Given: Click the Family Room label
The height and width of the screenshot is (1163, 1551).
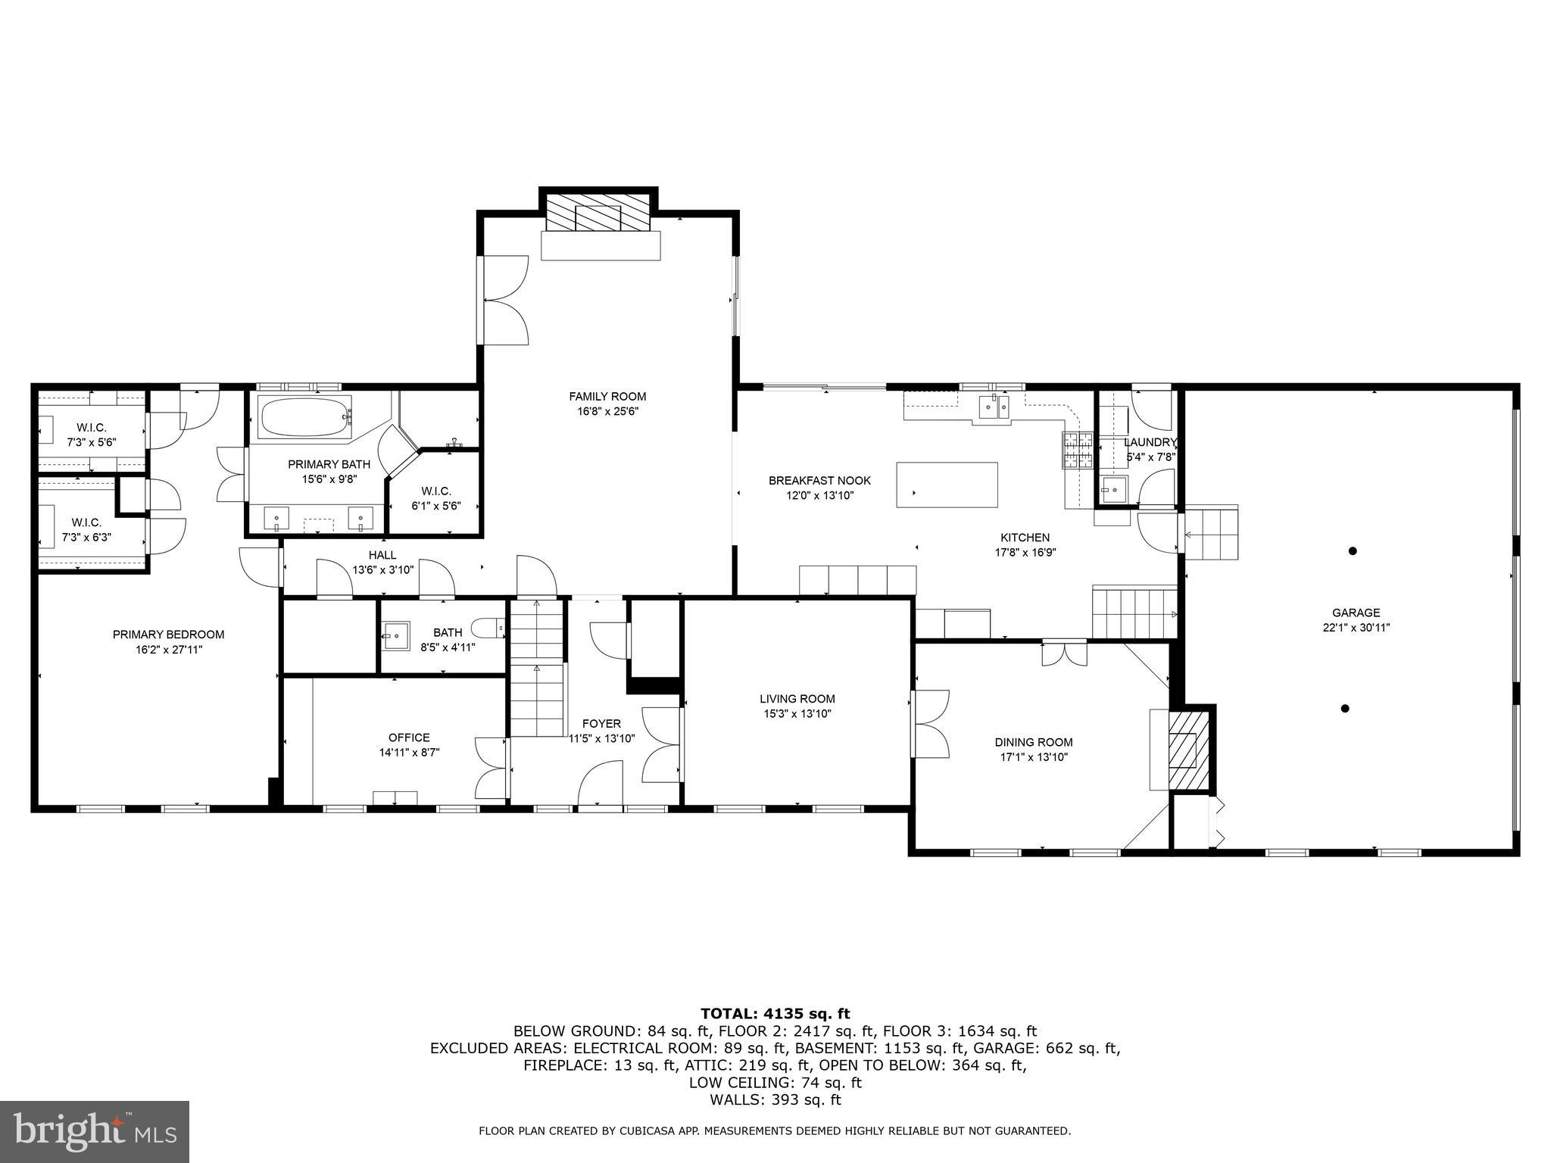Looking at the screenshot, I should pyautogui.click(x=607, y=396).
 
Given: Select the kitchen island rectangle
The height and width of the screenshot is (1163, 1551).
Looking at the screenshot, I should pyautogui.click(x=947, y=485).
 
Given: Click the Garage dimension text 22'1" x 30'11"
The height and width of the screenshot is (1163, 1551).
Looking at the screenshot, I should pyautogui.click(x=1356, y=628).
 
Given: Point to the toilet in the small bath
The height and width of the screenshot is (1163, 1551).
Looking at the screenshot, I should pyautogui.click(x=488, y=628).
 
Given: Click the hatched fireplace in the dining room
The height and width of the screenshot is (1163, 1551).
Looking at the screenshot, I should pyautogui.click(x=1186, y=750).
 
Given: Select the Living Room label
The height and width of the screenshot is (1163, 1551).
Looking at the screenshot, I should pyautogui.click(x=797, y=699).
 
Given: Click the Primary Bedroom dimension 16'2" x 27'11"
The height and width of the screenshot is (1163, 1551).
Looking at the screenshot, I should pyautogui.click(x=168, y=650).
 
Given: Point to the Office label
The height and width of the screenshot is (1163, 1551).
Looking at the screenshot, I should pyautogui.click(x=409, y=737).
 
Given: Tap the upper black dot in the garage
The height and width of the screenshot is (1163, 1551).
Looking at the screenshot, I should pyautogui.click(x=1353, y=550).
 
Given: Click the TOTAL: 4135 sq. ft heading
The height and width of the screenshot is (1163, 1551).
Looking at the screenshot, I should pyautogui.click(x=775, y=1014).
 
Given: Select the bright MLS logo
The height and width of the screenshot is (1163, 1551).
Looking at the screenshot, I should pyautogui.click(x=95, y=1131).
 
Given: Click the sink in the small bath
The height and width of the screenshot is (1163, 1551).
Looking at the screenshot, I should pyautogui.click(x=395, y=635).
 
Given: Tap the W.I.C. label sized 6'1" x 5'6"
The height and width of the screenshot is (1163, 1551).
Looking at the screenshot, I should pyautogui.click(x=435, y=506).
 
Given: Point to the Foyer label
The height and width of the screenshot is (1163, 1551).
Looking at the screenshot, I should pyautogui.click(x=601, y=724).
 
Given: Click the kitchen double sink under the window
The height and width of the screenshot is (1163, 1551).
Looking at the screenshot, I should pyautogui.click(x=993, y=407).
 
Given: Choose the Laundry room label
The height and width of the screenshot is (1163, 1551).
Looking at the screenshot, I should pyautogui.click(x=1150, y=442).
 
